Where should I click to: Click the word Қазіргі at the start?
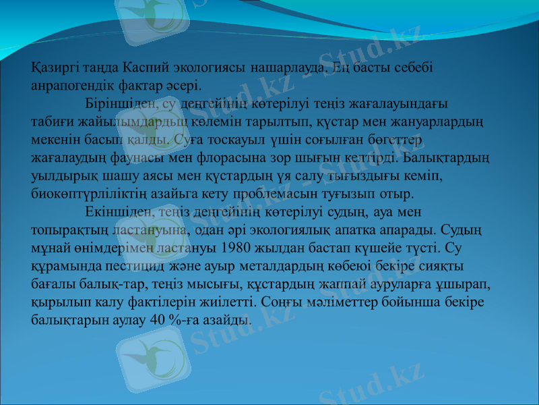click(x=54, y=69)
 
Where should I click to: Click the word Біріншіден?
click(x=119, y=104)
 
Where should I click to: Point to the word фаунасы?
click(x=150, y=158)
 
